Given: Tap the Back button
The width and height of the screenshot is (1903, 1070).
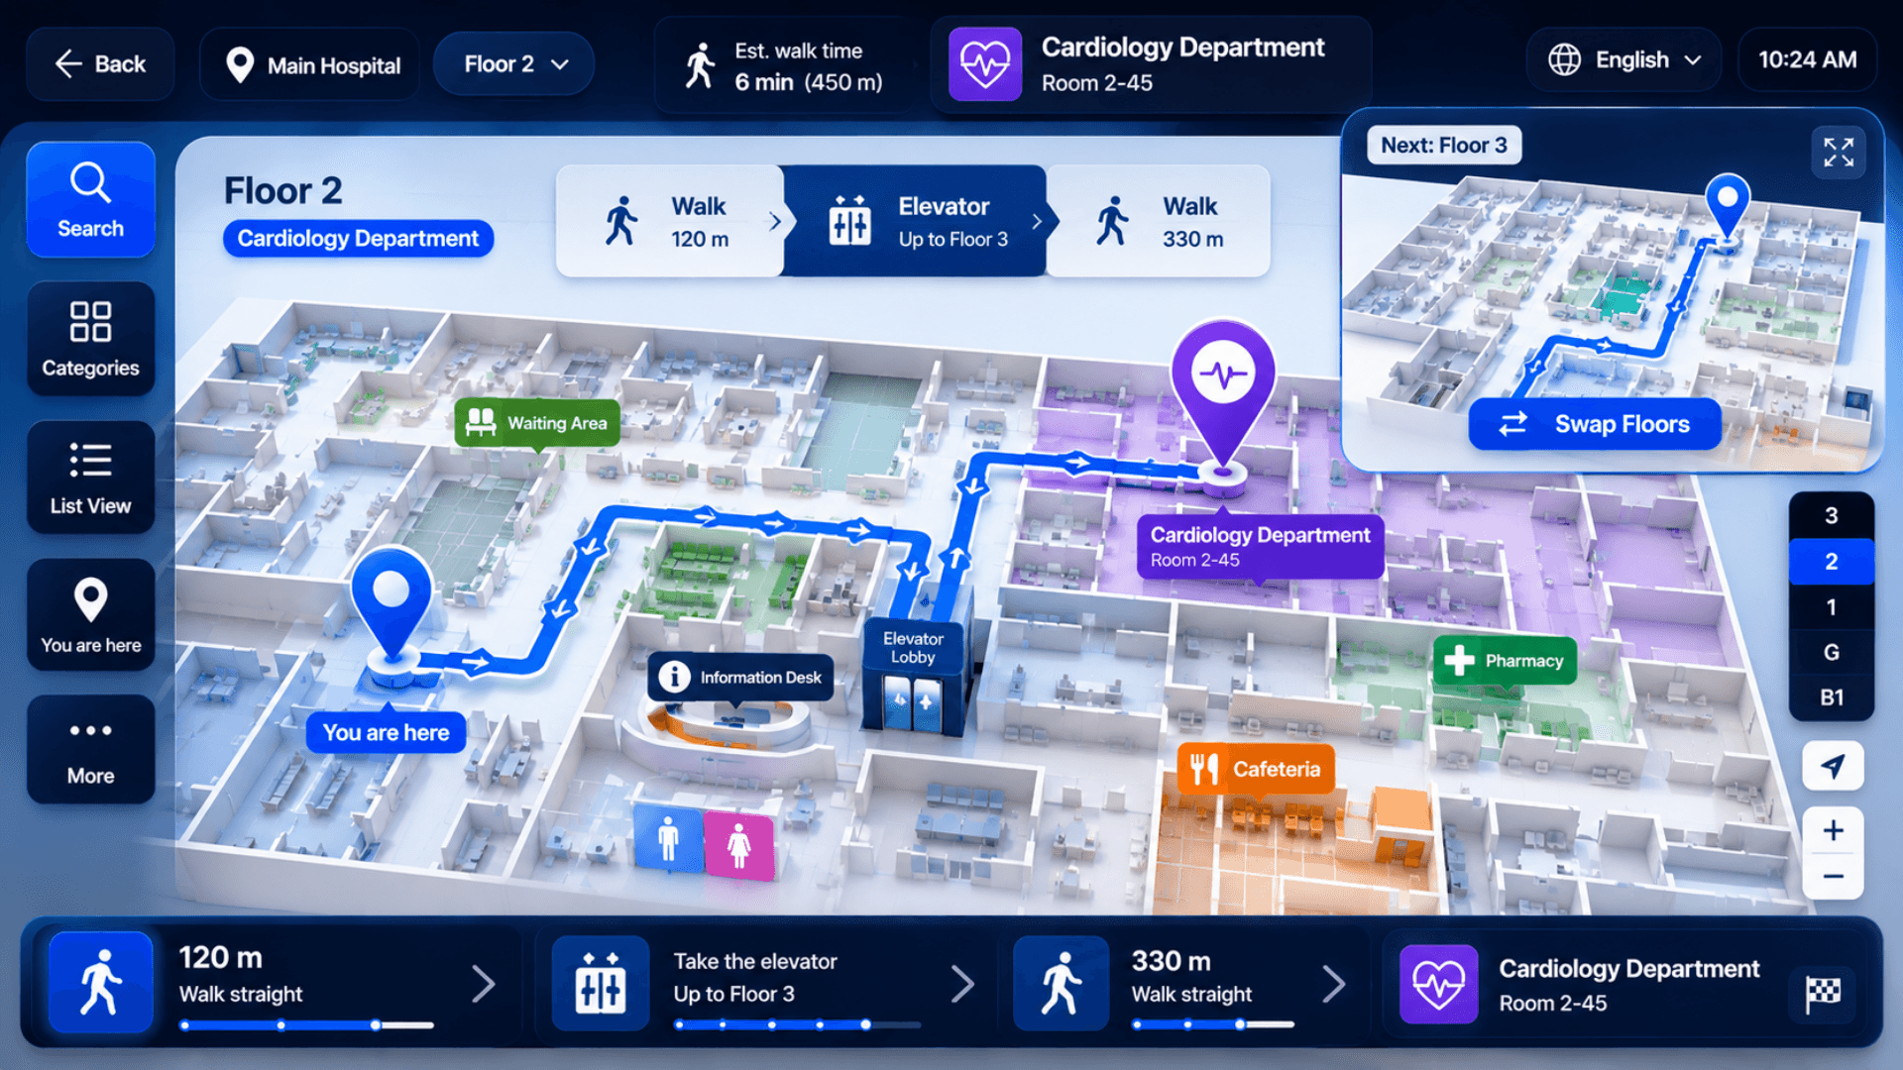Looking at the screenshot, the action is tap(100, 64).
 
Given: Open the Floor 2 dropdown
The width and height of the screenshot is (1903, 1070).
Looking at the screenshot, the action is tap(514, 64).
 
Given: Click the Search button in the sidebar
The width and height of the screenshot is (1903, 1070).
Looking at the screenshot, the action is tap(90, 199).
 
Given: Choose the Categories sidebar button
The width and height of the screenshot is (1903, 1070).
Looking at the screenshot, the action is tap(90, 339).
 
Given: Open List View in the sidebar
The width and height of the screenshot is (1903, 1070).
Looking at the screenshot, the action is tap(90, 478).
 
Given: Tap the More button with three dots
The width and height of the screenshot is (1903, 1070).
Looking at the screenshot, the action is tap(90, 750).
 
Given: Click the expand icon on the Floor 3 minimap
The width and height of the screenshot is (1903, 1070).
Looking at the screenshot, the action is tap(1839, 152).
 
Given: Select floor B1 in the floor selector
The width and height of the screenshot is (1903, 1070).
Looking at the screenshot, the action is tap(1831, 697).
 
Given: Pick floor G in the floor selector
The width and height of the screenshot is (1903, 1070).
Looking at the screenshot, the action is tap(1831, 652).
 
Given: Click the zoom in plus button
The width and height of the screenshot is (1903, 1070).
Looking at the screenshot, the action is tap(1833, 830).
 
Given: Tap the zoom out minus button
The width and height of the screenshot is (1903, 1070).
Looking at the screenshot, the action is tap(1833, 876).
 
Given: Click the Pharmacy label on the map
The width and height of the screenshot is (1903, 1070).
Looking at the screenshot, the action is tap(1505, 661).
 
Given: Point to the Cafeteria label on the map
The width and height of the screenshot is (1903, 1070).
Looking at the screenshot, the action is tap(1256, 769).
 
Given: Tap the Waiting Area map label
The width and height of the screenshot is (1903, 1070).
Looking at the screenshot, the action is tap(537, 423).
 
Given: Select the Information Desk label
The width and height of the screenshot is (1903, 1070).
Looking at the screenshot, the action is tap(740, 678).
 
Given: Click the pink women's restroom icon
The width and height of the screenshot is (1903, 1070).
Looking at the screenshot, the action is tap(738, 845).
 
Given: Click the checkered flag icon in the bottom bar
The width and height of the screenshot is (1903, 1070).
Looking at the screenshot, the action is tap(1823, 992).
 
